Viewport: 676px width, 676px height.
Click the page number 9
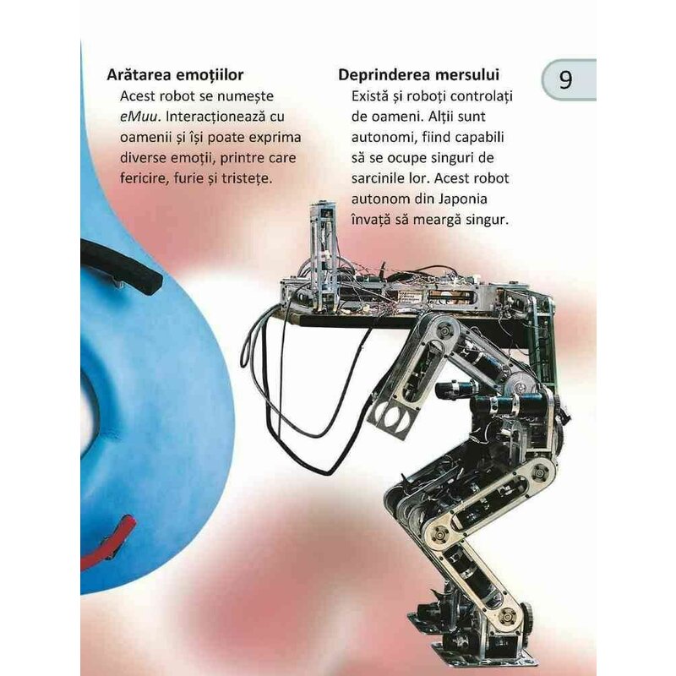(x=565, y=79)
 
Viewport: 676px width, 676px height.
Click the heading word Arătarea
(x=139, y=74)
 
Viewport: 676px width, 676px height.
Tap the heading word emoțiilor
(x=210, y=75)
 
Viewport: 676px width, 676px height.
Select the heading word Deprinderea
(x=382, y=75)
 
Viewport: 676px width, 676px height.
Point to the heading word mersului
(x=464, y=74)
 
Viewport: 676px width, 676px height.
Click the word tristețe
(x=247, y=178)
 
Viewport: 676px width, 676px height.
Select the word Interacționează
(x=215, y=117)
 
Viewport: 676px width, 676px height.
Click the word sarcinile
(x=377, y=178)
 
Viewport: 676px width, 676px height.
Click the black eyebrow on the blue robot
(x=121, y=266)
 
